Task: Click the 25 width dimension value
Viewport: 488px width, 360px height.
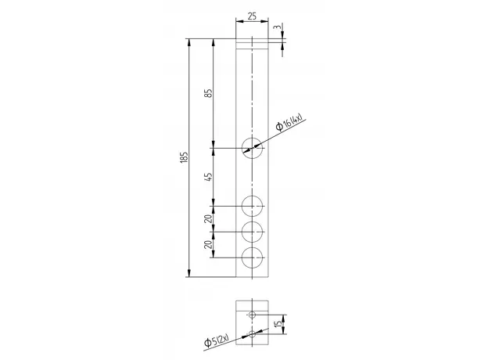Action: tap(252, 16)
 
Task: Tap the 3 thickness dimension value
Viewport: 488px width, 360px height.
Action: tap(278, 27)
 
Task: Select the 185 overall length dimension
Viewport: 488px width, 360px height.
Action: tap(185, 157)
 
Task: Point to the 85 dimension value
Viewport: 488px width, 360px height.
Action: tap(209, 93)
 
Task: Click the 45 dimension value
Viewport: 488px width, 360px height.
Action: tap(209, 177)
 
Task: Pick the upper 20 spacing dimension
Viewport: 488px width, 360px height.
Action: tap(209, 218)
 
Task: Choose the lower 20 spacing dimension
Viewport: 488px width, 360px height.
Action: tap(209, 244)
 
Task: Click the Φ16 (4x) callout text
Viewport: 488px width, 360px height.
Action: tap(289, 123)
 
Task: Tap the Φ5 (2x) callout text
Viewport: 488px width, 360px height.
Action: tap(217, 340)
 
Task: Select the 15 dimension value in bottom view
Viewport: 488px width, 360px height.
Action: tap(279, 323)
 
